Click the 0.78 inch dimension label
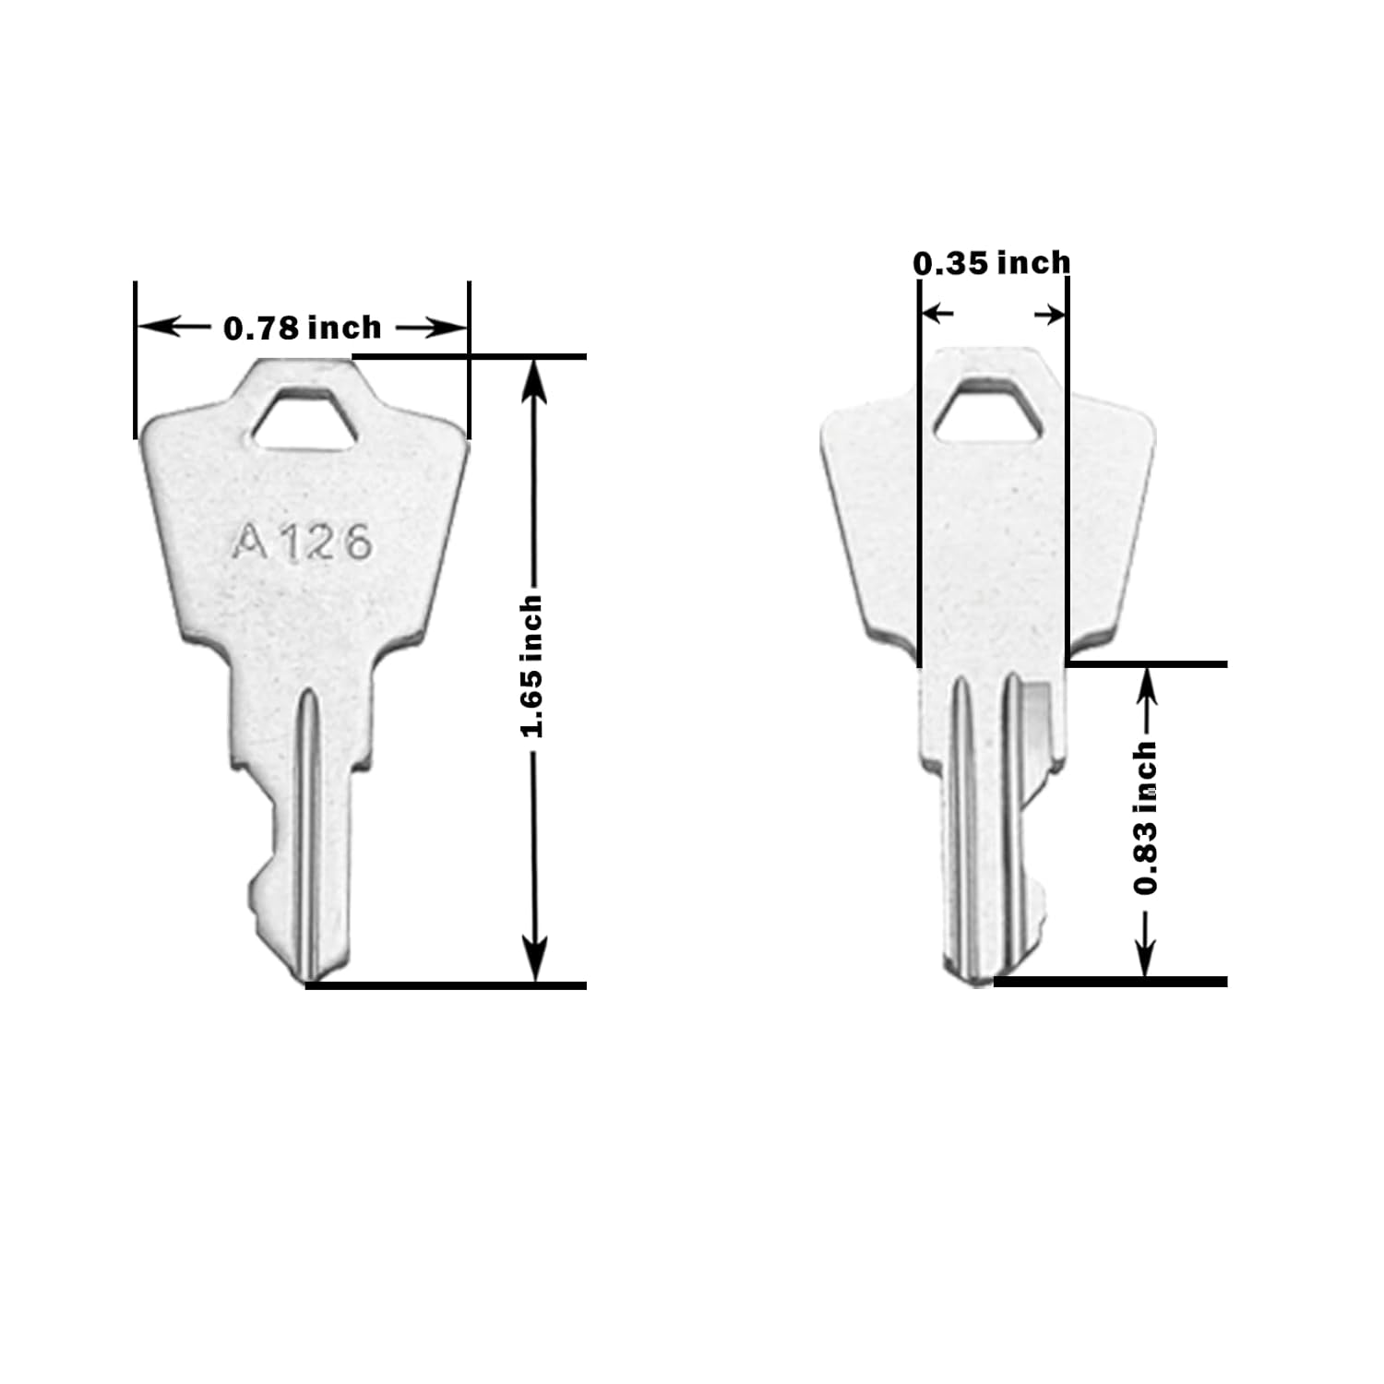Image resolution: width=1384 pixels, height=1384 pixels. pos(303,328)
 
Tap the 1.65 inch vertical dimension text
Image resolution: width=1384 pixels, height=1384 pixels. pos(531,666)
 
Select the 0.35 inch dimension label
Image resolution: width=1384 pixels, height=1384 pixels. pos(992,263)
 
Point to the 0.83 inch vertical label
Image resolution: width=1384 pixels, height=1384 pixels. pos(1146,817)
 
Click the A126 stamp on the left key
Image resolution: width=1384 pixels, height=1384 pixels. pos(302,542)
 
